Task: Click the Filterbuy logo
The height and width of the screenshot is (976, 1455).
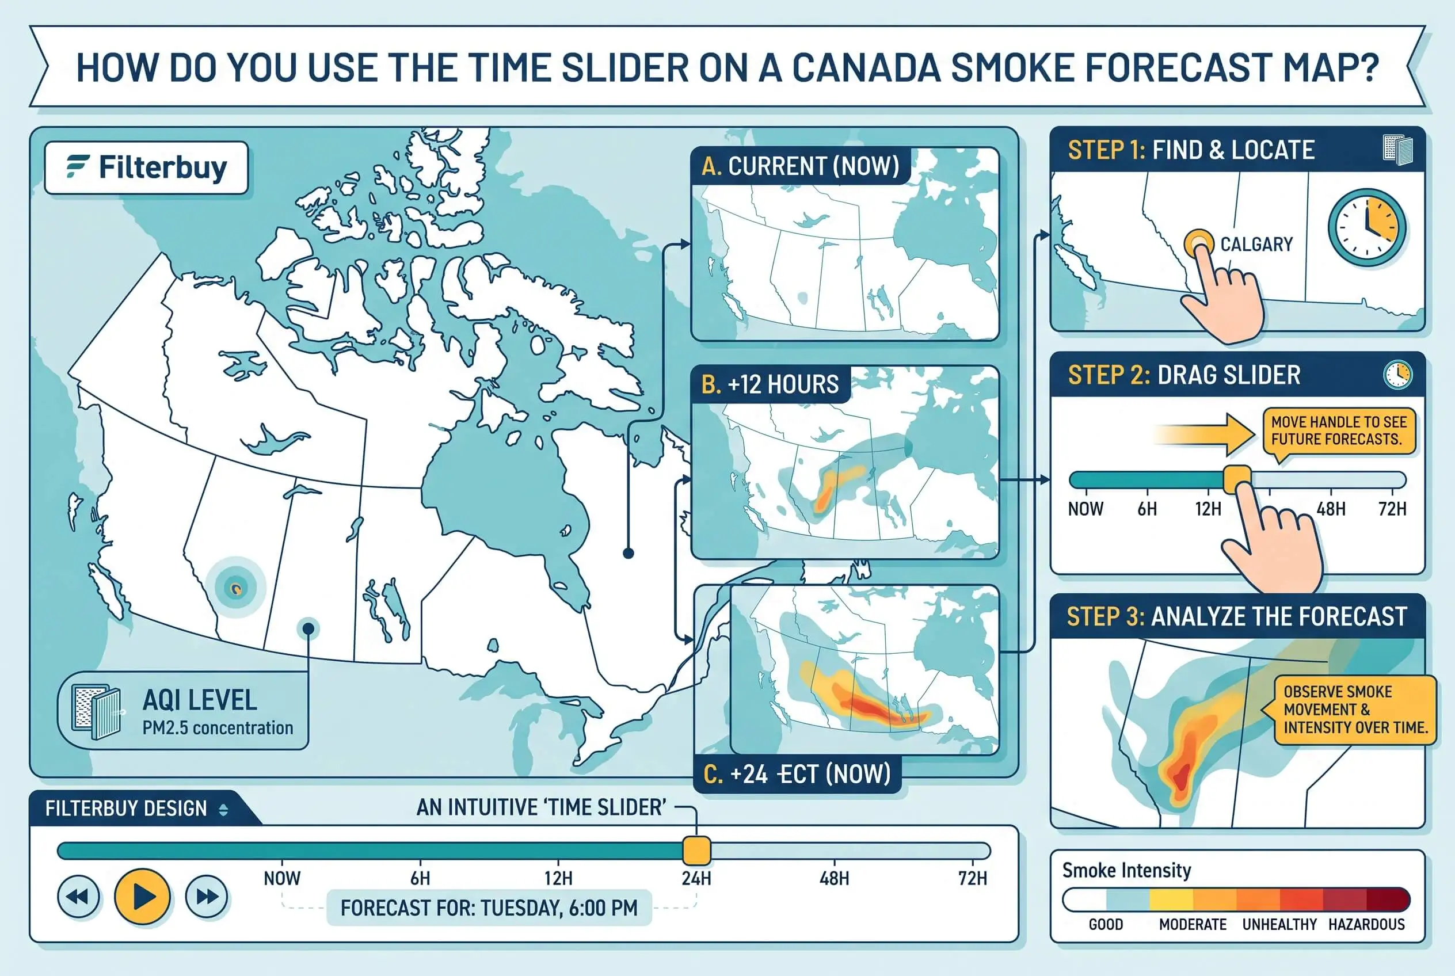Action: pos(146,167)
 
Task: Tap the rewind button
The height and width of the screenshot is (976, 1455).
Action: pos(78,897)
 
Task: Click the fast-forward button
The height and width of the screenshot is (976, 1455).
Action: pos(207,897)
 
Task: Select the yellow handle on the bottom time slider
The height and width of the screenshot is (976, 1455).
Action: pos(696,851)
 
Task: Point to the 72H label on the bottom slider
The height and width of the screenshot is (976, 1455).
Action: pos(973,878)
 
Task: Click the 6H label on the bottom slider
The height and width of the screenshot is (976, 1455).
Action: pos(420,878)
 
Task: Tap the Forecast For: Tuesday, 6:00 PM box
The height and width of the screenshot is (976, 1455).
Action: pos(489,908)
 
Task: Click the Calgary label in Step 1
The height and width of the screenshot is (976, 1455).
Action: pos(1256,244)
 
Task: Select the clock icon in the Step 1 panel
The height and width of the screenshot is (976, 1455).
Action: pos(1366,228)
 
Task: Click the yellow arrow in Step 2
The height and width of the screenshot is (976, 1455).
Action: pos(1205,434)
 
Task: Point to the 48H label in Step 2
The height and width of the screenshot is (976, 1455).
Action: pos(1331,509)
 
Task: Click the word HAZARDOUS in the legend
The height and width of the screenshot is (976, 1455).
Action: pos(1366,924)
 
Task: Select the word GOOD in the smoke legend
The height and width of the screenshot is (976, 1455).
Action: pos(1106,924)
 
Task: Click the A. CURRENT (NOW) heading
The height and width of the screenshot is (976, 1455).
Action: pos(800,166)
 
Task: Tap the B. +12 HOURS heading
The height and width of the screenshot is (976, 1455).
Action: pos(770,384)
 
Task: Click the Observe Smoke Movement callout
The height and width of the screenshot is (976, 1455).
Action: pos(1355,710)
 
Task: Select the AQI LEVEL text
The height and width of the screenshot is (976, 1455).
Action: pos(199,700)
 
